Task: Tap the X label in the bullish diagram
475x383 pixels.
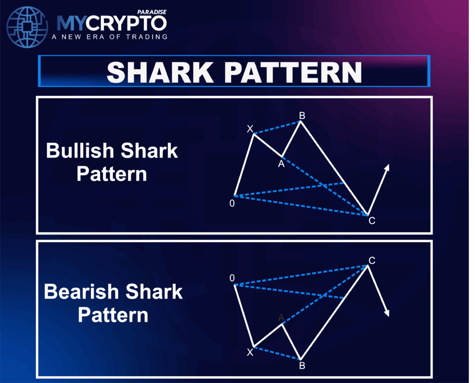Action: [x=250, y=129]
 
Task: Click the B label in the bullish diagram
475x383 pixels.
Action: [x=302, y=115]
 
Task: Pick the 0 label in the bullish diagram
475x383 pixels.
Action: [x=232, y=203]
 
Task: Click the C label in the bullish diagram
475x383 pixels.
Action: [x=372, y=221]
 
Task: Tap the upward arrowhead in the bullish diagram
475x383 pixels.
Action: [x=387, y=168]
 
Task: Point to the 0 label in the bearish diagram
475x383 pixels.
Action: [x=232, y=278]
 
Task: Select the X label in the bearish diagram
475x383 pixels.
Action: [x=250, y=352]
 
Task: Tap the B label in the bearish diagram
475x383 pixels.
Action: [x=302, y=366]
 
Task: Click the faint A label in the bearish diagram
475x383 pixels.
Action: [x=281, y=318]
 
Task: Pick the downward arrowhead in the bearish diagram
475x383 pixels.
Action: [x=386, y=313]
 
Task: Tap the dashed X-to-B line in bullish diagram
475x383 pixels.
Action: [x=277, y=128]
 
